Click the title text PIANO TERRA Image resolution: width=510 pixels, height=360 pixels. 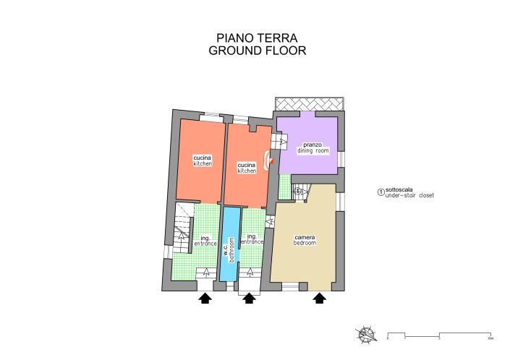tap(257, 38)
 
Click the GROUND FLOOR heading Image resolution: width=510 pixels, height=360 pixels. tap(257, 51)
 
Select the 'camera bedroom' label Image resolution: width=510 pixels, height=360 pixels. tap(305, 240)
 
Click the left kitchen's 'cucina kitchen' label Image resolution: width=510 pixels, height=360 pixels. tap(202, 161)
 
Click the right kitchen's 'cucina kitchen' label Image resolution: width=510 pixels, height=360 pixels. tap(247, 168)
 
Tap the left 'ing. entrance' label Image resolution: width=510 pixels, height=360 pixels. tap(205, 241)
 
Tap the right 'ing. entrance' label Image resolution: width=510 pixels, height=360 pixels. tap(252, 239)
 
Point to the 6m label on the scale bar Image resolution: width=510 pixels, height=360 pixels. tap(490, 338)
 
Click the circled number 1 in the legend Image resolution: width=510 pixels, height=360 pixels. tap(381, 192)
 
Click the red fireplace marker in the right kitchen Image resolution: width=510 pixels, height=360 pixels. tap(268, 160)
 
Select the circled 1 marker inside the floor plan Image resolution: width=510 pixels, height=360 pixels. tap(297, 190)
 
